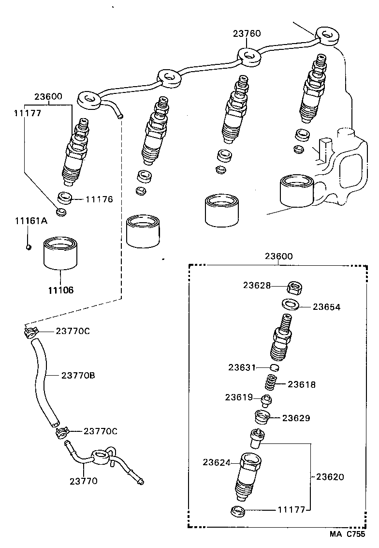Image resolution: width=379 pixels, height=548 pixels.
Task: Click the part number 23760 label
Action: tap(247, 33)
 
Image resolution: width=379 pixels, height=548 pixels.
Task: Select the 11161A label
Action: tap(31, 221)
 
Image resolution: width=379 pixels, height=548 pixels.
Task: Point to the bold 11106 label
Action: tap(60, 290)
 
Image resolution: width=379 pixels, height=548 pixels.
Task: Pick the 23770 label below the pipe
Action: tap(83, 481)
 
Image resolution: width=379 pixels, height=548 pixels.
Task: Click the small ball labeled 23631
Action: tap(274, 368)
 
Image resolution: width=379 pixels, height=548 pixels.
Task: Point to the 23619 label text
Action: tap(239, 397)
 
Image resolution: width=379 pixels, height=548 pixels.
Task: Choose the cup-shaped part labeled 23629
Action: tap(262, 417)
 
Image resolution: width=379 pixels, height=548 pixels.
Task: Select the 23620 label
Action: tap(330, 477)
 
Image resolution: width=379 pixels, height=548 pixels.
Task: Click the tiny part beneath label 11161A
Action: tap(29, 247)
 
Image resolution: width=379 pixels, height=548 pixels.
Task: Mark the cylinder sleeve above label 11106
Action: tap(60, 254)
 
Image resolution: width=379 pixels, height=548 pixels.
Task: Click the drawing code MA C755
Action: tap(348, 534)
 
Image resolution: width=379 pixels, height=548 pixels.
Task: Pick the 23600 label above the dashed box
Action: tap(278, 256)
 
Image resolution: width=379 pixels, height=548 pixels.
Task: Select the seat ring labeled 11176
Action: tap(65, 197)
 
